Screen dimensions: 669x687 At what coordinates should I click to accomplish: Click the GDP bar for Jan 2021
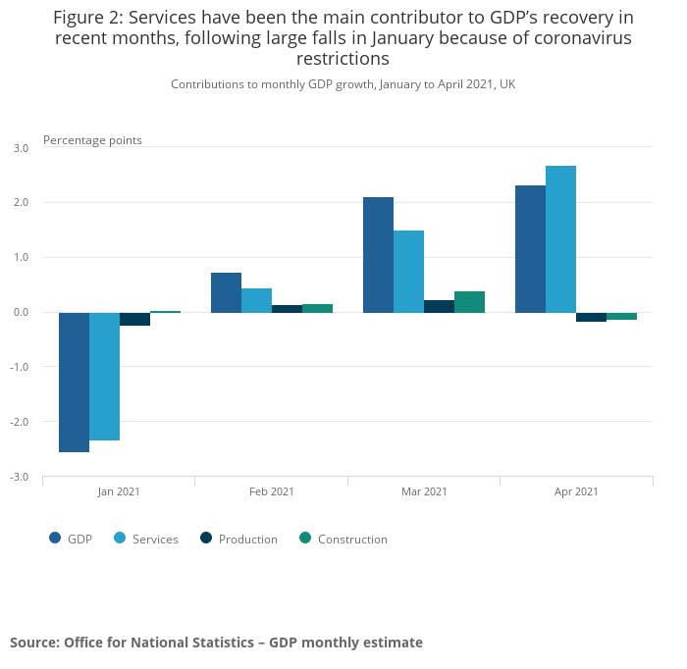pos(74,382)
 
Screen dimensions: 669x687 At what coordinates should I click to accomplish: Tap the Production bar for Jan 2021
pos(134,319)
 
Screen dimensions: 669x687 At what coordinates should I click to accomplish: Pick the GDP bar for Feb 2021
pos(226,292)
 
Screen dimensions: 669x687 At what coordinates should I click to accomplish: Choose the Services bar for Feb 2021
pos(256,300)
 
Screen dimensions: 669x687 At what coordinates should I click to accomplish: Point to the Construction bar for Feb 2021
pos(317,308)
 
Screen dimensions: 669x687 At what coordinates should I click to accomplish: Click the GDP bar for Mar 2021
pos(378,255)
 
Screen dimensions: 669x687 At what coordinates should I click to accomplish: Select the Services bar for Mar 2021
pos(408,272)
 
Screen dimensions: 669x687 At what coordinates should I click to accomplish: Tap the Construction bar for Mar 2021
pos(469,302)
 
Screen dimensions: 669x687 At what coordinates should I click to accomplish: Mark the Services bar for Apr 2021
pos(560,239)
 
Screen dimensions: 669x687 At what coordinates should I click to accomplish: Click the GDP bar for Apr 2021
pos(530,249)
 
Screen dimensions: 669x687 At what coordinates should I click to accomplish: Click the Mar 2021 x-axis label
pos(424,491)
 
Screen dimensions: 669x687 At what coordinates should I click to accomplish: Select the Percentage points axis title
pos(92,140)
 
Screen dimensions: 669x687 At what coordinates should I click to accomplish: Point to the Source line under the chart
pos(216,643)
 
